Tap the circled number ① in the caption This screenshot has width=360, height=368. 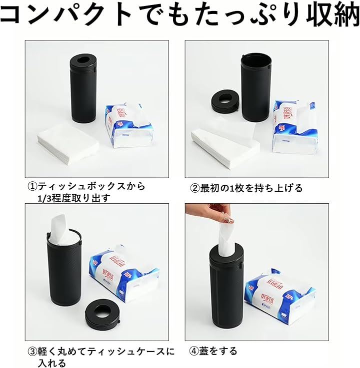click(x=32, y=187)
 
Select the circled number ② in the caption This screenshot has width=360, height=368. click(x=194, y=188)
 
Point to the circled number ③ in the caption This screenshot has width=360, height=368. click(x=32, y=352)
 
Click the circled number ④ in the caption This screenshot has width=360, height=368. click(x=194, y=351)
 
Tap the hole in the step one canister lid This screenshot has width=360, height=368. click(x=82, y=59)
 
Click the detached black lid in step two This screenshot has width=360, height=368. click(x=224, y=101)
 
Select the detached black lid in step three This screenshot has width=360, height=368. click(x=102, y=312)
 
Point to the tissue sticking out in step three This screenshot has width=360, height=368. click(x=60, y=228)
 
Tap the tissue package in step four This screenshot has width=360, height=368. click(x=279, y=297)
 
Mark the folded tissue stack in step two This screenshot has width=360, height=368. click(x=225, y=144)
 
